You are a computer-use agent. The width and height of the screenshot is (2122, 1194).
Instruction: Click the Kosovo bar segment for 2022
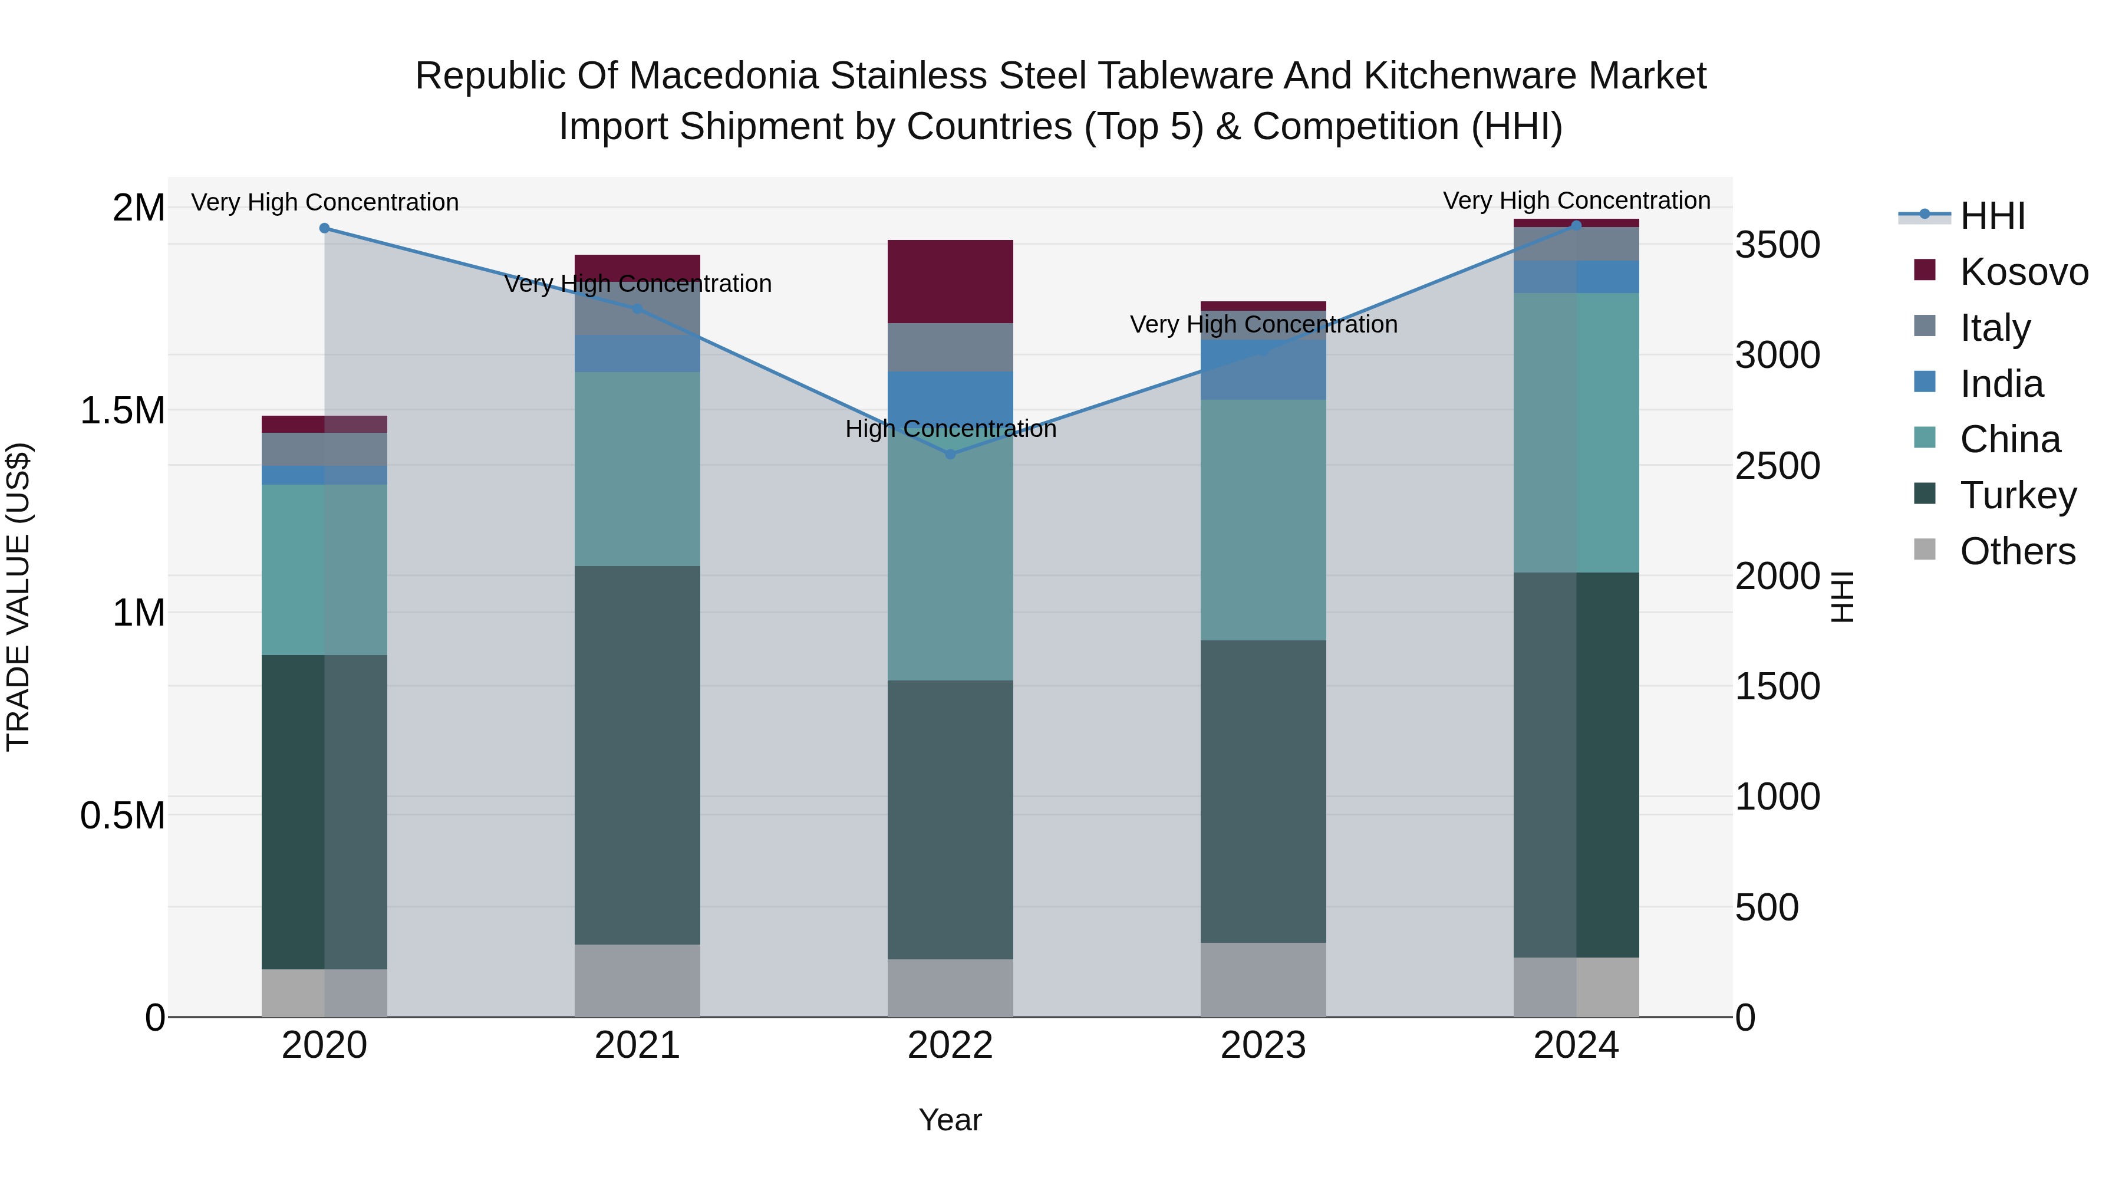point(950,281)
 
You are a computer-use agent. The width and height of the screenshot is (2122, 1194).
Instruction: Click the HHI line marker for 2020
point(325,228)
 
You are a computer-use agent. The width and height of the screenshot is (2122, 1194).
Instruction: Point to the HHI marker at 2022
point(950,454)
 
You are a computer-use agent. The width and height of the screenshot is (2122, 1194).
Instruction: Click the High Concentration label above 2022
point(950,429)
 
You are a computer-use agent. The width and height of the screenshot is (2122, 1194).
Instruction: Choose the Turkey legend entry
point(2018,495)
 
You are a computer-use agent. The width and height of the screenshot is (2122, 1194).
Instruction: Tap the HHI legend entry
point(1992,216)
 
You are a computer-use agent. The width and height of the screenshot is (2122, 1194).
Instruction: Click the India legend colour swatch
point(1925,382)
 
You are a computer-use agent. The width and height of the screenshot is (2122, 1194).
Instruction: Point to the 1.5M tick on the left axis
point(122,410)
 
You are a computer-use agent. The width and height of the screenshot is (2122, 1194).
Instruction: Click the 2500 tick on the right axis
point(1777,466)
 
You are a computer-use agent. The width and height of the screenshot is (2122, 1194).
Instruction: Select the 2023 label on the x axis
point(1263,1045)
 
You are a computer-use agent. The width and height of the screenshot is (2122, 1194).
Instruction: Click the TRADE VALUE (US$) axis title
point(18,597)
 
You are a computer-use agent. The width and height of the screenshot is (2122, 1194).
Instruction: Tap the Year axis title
point(950,1120)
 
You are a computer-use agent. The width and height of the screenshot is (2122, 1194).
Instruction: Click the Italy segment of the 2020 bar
point(325,449)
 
